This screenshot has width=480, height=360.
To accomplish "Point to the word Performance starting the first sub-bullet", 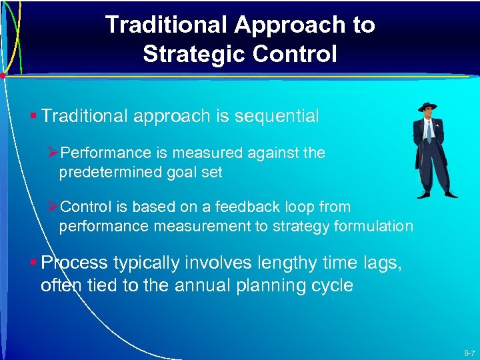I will point(103,153).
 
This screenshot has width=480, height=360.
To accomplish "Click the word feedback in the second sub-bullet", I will point(243,207).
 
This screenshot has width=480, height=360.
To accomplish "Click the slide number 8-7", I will point(468,352).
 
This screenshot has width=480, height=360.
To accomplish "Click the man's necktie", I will point(429,131).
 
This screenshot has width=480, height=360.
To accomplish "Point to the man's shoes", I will point(437,194).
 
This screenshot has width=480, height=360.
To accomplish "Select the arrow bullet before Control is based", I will point(54,207).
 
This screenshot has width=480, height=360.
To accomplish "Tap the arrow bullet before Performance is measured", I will point(54,153).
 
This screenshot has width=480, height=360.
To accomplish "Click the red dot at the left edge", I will point(3,75).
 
